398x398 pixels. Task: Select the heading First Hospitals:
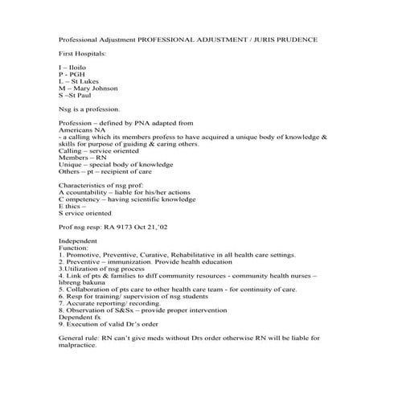84,52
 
